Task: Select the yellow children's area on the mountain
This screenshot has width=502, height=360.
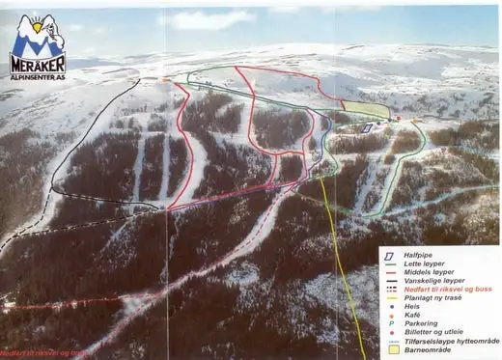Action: click(358, 109)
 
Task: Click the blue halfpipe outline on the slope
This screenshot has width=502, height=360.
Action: click(367, 127)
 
